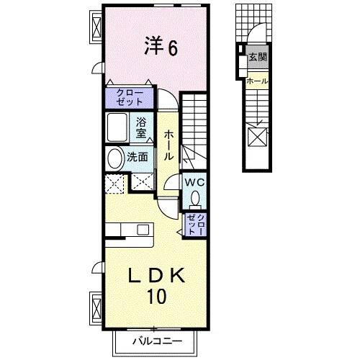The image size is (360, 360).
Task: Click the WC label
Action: pyautogui.click(x=194, y=184)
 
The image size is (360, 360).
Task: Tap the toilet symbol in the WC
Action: pyautogui.click(x=195, y=199)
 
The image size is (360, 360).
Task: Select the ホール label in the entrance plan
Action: pyautogui.click(x=257, y=81)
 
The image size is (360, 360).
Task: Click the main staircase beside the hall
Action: pyautogui.click(x=195, y=130)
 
